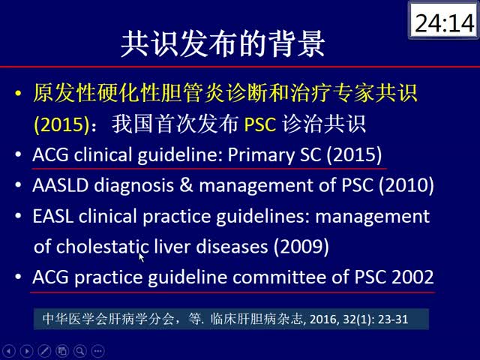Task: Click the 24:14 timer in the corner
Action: (x=445, y=23)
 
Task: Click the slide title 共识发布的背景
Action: (x=223, y=43)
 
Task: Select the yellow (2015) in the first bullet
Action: (x=61, y=124)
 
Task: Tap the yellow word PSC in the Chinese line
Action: (x=260, y=125)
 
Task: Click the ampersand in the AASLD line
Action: (x=186, y=185)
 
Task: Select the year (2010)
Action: (x=406, y=185)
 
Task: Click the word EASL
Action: (x=53, y=216)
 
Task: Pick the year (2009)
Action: (x=301, y=247)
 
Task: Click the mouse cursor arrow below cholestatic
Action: (x=141, y=257)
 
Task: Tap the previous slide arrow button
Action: (x=8, y=351)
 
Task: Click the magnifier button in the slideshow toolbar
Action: (x=80, y=351)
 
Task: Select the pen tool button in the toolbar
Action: (x=44, y=351)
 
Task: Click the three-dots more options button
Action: (x=98, y=351)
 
